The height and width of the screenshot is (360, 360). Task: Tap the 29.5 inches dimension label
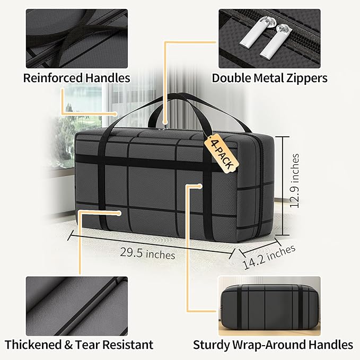[147, 254]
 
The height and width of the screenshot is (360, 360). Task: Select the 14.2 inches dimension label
[269, 257]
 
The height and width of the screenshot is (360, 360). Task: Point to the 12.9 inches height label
[295, 181]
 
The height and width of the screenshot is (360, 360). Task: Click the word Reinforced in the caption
[53, 78]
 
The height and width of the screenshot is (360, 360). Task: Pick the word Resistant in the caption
[128, 345]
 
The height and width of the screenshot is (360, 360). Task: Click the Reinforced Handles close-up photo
[77, 39]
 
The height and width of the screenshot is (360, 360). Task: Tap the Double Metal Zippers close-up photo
[269, 39]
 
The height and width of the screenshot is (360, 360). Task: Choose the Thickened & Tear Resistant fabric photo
[77, 306]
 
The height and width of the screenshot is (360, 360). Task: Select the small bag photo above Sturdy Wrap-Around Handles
[269, 306]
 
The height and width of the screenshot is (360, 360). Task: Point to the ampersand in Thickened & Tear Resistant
[68, 345]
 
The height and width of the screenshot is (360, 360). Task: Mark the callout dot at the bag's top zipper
[164, 122]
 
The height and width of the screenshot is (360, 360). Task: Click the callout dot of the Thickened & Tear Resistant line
[119, 214]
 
